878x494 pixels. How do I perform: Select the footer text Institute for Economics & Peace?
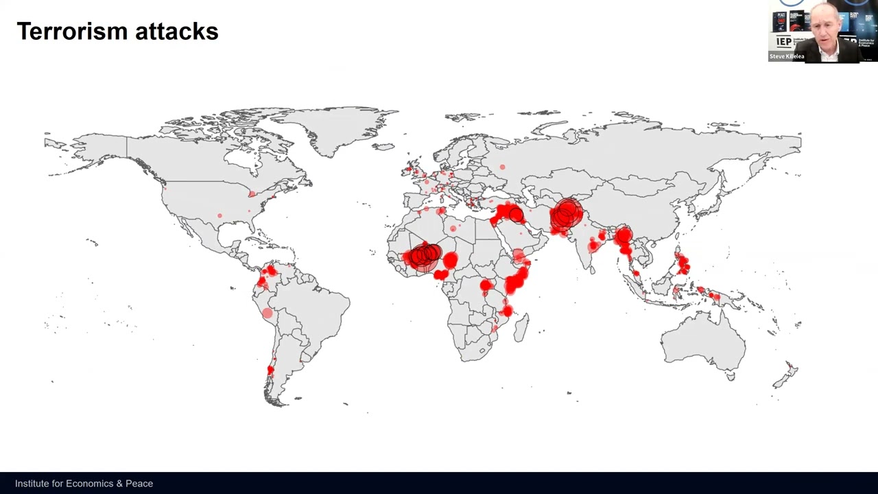[x=84, y=484]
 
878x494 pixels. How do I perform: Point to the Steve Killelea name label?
[x=786, y=56]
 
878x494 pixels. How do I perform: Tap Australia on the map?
[x=702, y=340]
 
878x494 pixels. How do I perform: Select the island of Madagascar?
[x=521, y=327]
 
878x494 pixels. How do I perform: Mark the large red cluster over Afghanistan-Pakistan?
[x=567, y=215]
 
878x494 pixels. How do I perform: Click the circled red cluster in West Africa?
[x=423, y=256]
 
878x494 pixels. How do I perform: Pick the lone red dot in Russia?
[x=503, y=167]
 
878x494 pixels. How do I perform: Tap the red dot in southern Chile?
[x=270, y=370]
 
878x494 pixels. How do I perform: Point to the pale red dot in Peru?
[x=267, y=314]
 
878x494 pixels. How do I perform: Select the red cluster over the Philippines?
[x=683, y=264]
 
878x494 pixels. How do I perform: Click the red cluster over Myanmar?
[x=624, y=239]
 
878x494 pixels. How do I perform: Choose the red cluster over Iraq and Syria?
[x=508, y=213]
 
